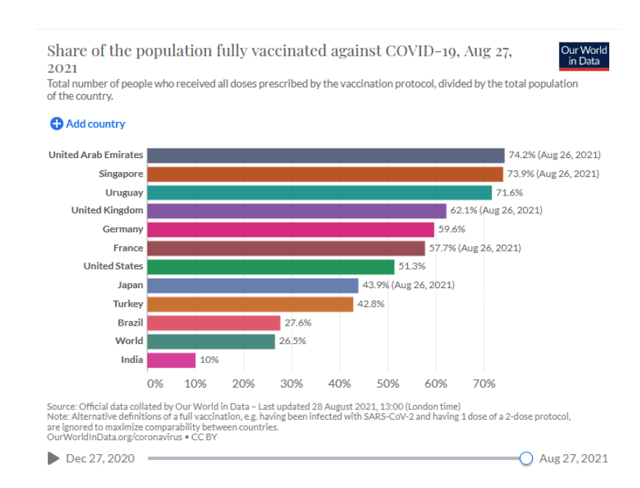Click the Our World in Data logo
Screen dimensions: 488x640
tap(583, 56)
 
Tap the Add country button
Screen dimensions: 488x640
tap(87, 123)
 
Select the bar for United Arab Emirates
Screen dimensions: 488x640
tap(325, 155)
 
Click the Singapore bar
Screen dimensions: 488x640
tap(324, 174)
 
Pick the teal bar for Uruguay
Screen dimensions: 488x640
tap(319, 193)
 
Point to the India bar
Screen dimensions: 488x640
tap(171, 360)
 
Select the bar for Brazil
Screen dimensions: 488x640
tap(214, 323)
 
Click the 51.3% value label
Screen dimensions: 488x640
tap(412, 267)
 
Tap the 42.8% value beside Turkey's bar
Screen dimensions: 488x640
tap(371, 304)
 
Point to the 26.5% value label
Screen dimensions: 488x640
tap(291, 342)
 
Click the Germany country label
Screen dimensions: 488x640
tap(123, 229)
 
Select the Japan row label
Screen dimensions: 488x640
tap(130, 285)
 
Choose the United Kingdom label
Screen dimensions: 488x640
tap(107, 210)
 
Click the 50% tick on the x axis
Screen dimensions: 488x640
tap(388, 384)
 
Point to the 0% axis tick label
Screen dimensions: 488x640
tap(155, 384)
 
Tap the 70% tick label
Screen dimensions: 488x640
tap(484, 384)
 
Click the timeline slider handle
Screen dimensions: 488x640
tap(526, 459)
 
